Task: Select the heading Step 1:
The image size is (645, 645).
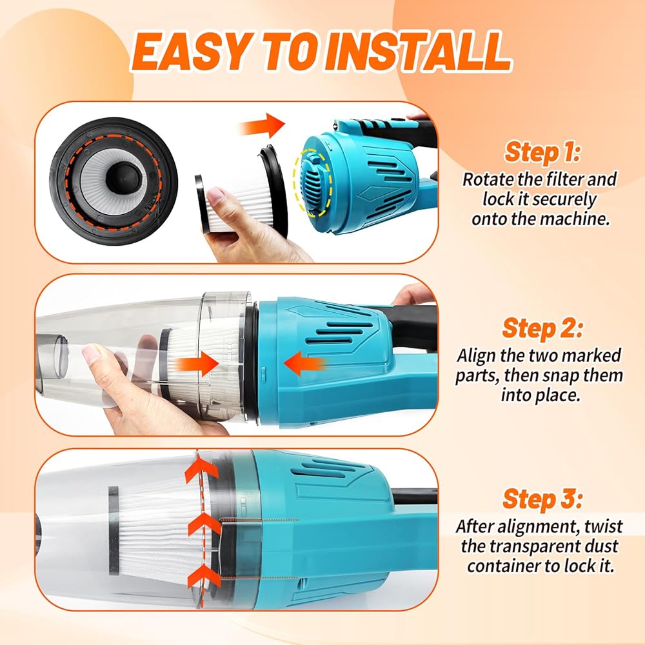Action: (542, 153)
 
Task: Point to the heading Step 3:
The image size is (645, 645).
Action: (542, 500)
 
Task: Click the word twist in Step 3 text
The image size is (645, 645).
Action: (604, 526)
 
